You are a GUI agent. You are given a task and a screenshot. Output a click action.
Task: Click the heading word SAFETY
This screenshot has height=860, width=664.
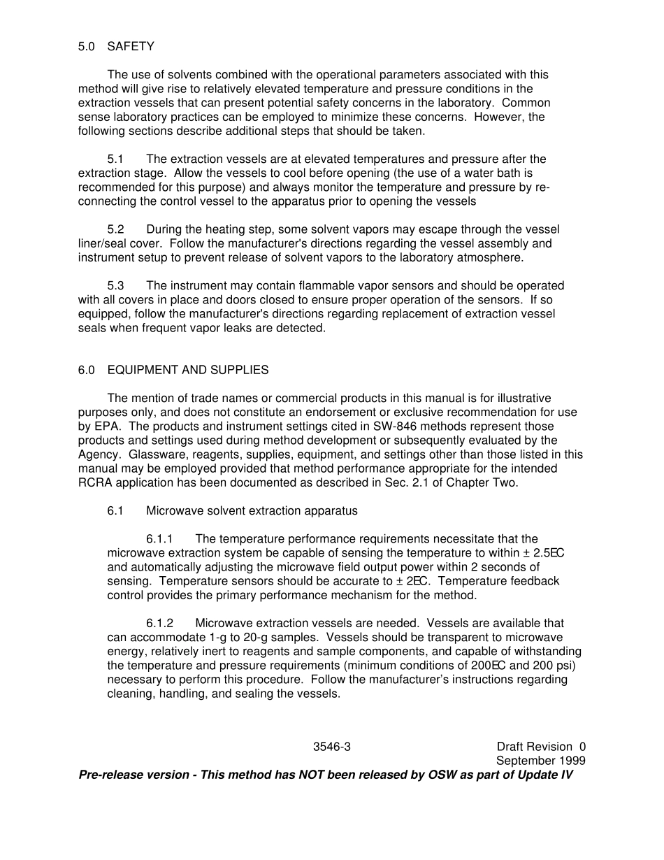click(131, 47)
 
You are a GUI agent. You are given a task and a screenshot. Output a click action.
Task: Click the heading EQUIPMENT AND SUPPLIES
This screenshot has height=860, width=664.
click(188, 370)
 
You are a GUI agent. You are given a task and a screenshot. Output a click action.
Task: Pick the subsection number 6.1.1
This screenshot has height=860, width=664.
click(159, 539)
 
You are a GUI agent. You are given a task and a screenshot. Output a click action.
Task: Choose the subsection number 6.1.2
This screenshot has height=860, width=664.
click(159, 623)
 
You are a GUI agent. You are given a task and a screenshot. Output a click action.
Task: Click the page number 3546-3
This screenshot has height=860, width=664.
click(332, 747)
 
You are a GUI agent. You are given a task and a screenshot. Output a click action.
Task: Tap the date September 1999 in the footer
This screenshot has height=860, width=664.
click(541, 761)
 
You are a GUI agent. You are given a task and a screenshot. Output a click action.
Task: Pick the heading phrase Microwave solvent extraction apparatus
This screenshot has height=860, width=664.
click(252, 511)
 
